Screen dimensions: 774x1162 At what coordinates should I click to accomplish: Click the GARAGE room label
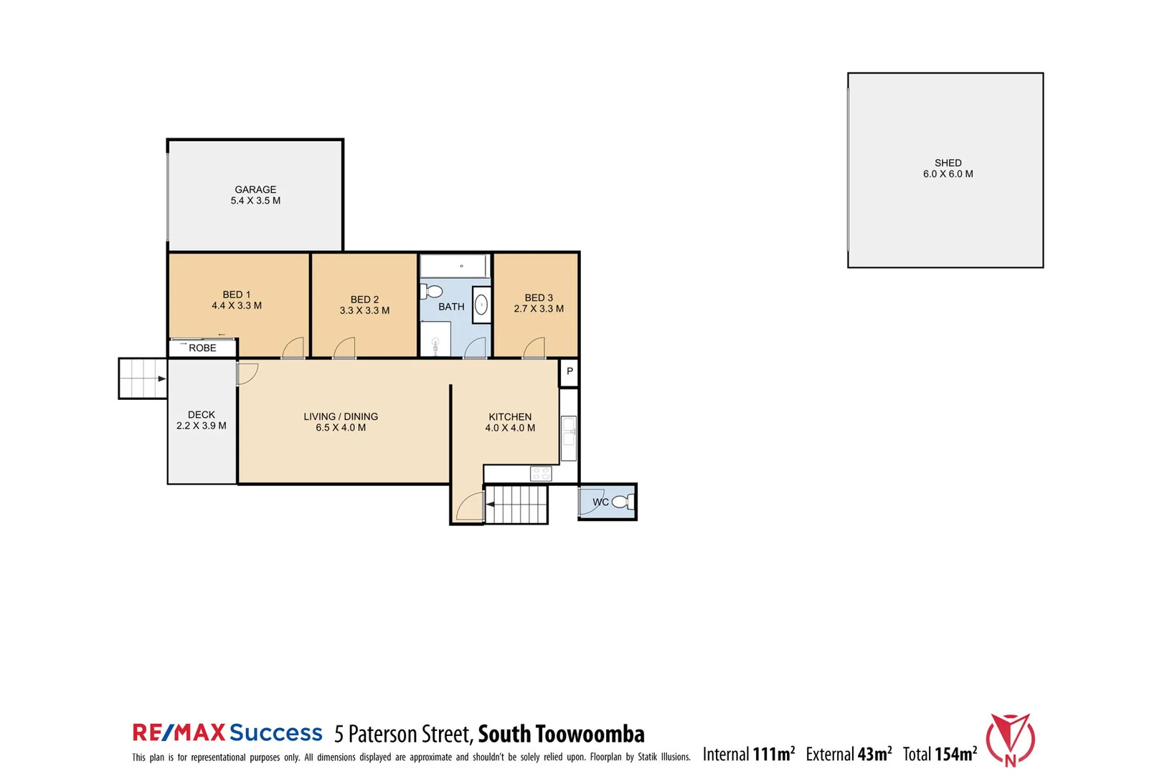pos(255,190)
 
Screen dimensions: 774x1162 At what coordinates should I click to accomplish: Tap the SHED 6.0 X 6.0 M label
pos(948,168)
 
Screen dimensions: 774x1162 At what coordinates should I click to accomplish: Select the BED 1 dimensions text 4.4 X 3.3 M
pos(237,306)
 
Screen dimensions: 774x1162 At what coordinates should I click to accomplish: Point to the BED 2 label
pos(364,300)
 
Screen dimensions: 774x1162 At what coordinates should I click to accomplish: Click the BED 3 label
pos(539,297)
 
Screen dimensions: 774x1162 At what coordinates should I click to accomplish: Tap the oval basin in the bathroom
pos(482,305)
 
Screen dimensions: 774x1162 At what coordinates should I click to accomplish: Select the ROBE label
pos(202,348)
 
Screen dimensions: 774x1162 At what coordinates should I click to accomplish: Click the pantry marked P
pos(570,371)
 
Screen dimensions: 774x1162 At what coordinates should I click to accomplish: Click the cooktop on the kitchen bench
pos(541,474)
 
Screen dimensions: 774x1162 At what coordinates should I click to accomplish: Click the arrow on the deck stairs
pos(161,378)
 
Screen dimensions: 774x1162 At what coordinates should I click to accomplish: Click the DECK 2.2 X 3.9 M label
pos(202,420)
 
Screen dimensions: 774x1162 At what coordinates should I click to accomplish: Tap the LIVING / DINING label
pos(341,416)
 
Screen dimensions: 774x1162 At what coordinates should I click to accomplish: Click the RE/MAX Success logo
pos(227,732)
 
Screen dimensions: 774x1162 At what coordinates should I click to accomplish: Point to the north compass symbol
pos(1010,740)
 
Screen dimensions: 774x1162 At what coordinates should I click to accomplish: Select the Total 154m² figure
pos(940,754)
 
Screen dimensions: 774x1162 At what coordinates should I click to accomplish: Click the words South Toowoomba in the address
pos(561,734)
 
